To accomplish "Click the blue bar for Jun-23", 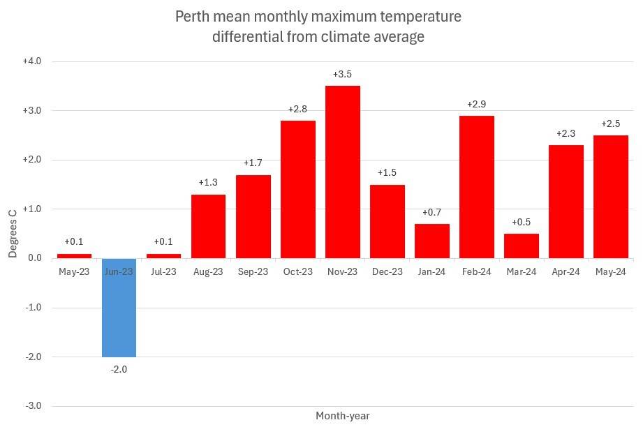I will click(119, 307).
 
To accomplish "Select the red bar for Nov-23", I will click(343, 172).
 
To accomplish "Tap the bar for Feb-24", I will click(477, 186).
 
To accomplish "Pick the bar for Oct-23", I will click(298, 189).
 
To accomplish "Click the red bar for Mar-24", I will click(522, 246).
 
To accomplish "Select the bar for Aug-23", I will click(209, 226).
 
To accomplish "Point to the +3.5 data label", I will click(343, 74).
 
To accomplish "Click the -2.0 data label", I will click(119, 368).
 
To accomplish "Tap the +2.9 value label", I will click(477, 104).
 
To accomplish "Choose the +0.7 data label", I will click(432, 212).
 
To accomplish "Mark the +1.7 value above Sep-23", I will click(253, 163).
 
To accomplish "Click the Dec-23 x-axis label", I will click(387, 272).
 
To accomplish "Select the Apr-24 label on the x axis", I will click(566, 272).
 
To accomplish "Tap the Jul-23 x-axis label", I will click(163, 272).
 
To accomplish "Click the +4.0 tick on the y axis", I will click(32, 61).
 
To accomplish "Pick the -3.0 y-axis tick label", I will click(33, 406).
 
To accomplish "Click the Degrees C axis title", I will click(13, 230).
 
